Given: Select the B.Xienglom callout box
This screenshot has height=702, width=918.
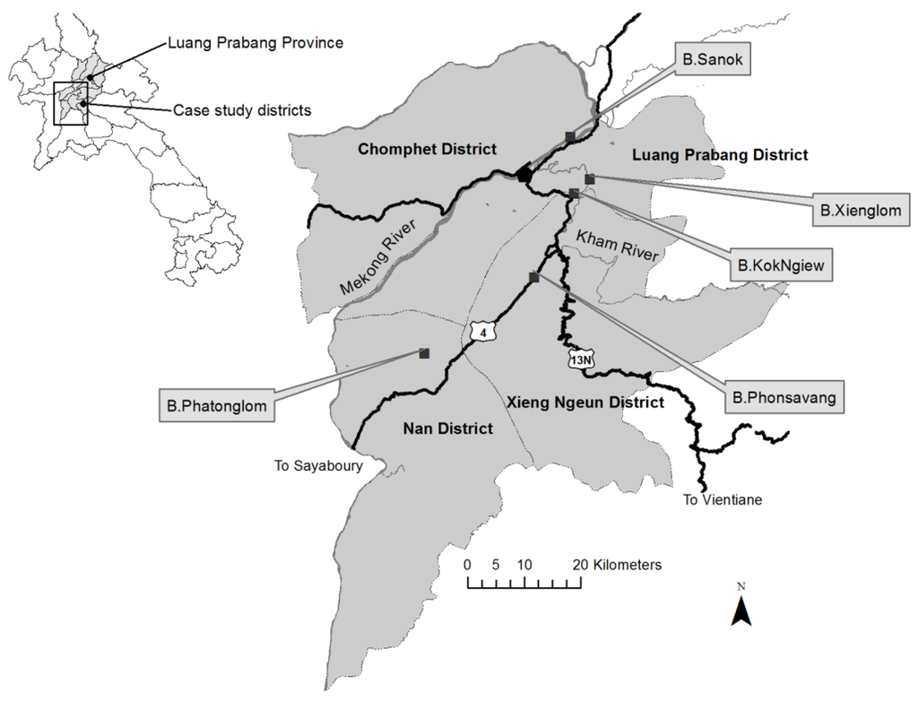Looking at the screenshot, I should coord(860,212).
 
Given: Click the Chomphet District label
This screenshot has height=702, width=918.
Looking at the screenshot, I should coord(427,149).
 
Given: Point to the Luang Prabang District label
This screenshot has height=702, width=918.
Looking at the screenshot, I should coord(720,155).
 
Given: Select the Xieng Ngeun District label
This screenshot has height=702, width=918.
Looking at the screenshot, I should coord(585,403).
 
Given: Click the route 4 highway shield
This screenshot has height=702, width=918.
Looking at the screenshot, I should coord(484,334).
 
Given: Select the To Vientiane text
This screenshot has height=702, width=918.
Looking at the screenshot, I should coord(722,500).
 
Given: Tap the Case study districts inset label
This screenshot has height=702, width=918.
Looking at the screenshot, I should coord(242,110).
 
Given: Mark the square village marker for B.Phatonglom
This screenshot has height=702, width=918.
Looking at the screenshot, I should coord(425,353).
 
